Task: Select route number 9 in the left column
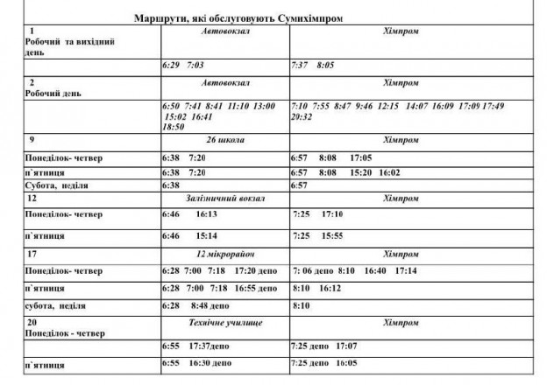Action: [32, 139]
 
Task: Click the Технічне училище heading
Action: [226, 323]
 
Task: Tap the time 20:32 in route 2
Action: [302, 116]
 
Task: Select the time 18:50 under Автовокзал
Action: [174, 127]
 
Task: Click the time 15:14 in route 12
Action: [207, 236]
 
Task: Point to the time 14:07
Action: [419, 106]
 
